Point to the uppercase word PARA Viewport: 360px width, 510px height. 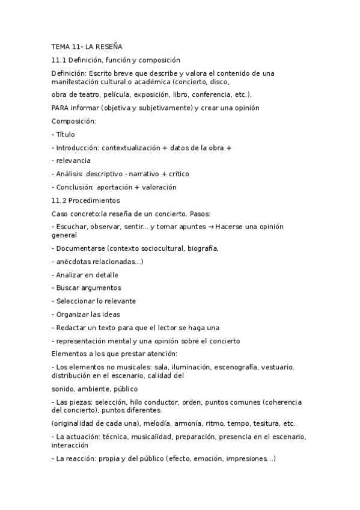point(60,108)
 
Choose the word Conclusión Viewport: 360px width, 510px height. point(75,187)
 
